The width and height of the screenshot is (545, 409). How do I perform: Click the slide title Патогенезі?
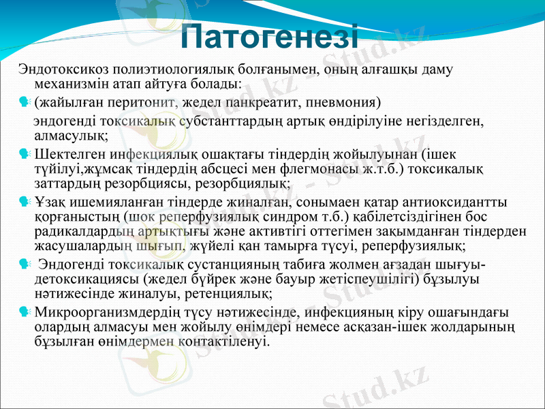coord(270,35)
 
